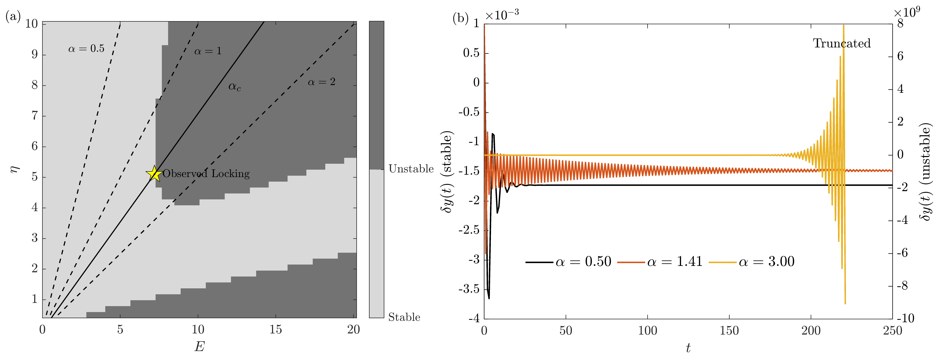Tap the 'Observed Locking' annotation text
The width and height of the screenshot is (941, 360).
click(x=206, y=174)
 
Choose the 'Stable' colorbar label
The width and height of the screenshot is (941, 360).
click(x=404, y=317)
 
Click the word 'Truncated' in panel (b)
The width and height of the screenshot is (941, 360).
click(x=842, y=43)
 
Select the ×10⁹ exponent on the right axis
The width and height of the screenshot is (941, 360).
click(x=907, y=12)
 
